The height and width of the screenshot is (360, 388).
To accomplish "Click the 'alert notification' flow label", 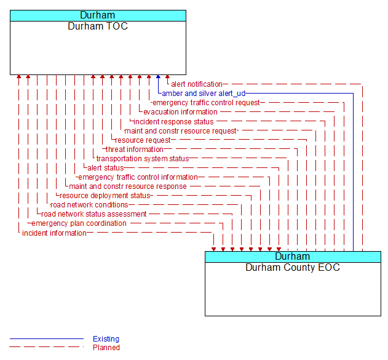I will (x=196, y=84).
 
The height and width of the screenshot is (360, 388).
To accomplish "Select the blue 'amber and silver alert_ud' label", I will (x=204, y=94).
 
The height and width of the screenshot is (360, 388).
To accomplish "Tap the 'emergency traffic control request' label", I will (x=206, y=103).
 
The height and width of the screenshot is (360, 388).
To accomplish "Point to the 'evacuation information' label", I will (x=180, y=112).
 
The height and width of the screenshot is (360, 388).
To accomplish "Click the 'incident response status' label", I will (x=173, y=122).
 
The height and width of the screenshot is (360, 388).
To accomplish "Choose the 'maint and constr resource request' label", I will (x=180, y=131).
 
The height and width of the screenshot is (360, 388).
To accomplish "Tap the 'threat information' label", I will (x=135, y=150).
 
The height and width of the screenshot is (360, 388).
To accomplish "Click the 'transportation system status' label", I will (x=143, y=159).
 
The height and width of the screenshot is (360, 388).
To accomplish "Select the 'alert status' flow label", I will (x=105, y=168).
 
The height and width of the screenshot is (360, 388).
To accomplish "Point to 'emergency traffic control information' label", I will (x=138, y=177).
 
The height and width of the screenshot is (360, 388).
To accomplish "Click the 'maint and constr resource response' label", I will (x=128, y=186).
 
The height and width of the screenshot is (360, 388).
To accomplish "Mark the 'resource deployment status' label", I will (x=105, y=196).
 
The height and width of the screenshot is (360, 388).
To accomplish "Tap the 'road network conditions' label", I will (x=89, y=205).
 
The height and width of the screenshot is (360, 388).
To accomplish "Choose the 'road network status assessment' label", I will (x=94, y=214).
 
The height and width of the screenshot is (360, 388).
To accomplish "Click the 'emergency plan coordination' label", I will (x=79, y=223).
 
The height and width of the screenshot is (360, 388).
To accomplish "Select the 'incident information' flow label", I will (x=54, y=233).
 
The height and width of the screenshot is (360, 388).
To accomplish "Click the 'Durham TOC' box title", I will (x=98, y=26).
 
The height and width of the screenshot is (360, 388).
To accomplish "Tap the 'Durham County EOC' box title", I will (x=293, y=268).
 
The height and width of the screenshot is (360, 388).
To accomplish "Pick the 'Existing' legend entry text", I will (x=106, y=339).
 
